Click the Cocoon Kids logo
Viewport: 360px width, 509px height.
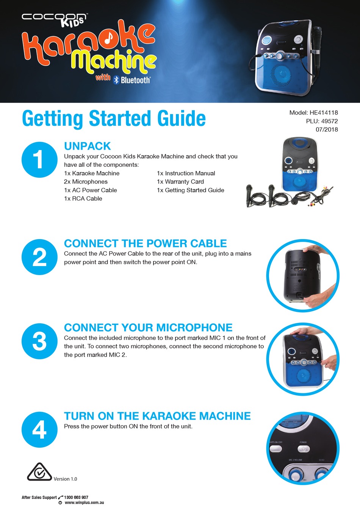54,19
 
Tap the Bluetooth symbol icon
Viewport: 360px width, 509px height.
116,80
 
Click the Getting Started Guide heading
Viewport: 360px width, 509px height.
114,119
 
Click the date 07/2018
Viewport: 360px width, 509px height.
326,130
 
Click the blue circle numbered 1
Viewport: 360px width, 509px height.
39,160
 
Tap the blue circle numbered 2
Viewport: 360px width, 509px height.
39,257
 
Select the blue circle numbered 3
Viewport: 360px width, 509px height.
39,341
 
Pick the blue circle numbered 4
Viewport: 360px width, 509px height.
39,429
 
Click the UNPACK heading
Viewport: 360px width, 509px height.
87,146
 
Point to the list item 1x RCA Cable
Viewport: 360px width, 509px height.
83,199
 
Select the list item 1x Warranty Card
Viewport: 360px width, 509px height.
180,182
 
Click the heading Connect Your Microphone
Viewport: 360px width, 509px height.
148,328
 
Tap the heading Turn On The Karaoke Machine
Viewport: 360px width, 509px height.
157,416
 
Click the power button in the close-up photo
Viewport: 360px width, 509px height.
303,449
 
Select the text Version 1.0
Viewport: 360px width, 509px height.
65,479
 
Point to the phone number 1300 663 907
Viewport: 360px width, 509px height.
76,497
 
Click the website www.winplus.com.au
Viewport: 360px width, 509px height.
84,503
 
